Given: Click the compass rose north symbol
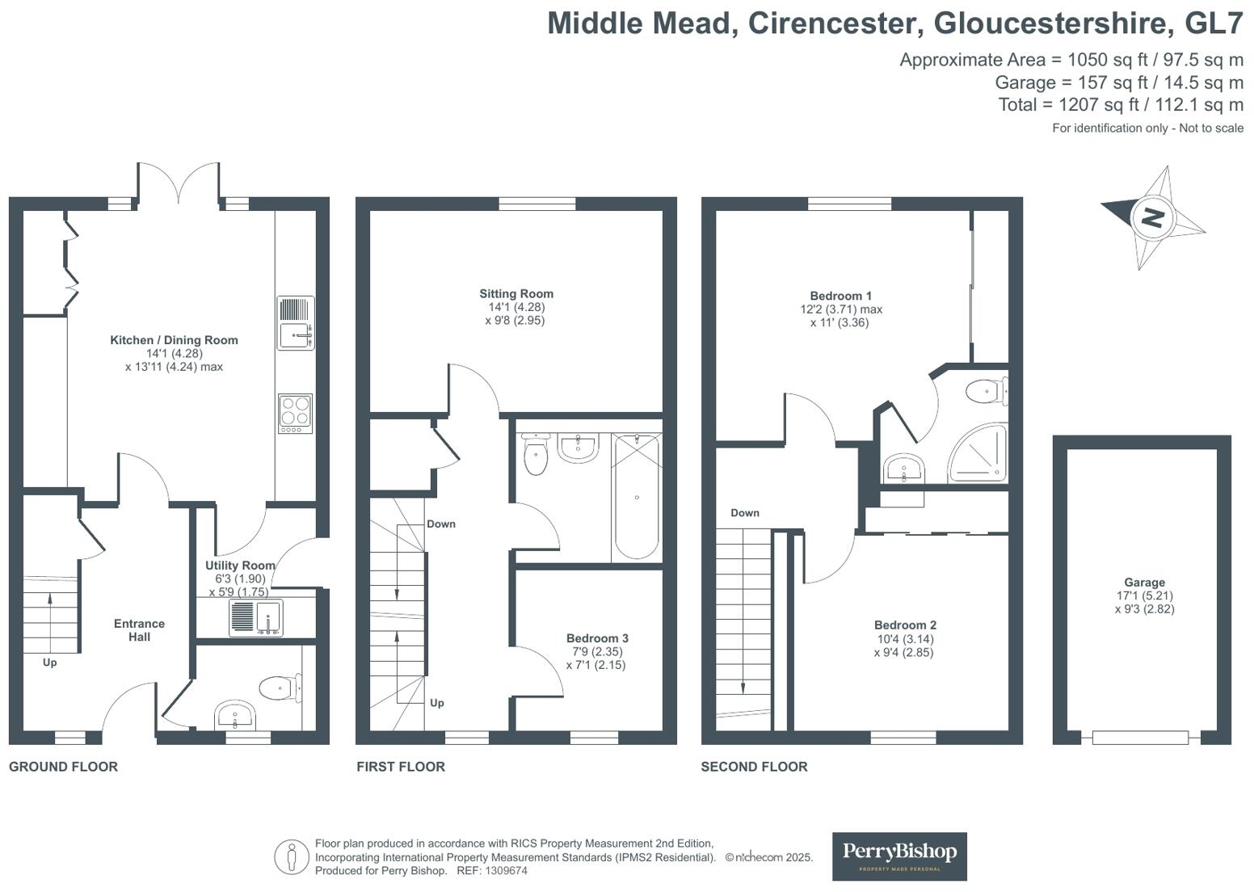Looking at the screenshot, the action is pos(1153,217).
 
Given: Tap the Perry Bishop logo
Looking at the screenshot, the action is pos(899,856).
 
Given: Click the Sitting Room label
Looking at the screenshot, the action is pos(516,294).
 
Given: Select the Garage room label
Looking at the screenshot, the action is pos(1144,583).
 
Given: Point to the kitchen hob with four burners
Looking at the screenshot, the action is pos(295,413).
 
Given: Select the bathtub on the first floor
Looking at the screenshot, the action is pos(637,496).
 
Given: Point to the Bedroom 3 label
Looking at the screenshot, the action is pos(597,638).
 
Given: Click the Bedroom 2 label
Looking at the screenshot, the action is pos(905,625).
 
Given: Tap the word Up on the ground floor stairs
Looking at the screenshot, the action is pos(49,663).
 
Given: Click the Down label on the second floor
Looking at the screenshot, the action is pos(745,513).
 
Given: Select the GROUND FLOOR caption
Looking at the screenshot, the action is pos(63,767).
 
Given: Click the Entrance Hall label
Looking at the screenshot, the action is pos(139,630).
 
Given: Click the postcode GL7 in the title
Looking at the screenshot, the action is pos(1214,23).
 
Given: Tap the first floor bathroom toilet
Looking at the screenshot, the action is pos(536,455).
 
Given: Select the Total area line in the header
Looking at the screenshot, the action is pos(1121,104).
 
